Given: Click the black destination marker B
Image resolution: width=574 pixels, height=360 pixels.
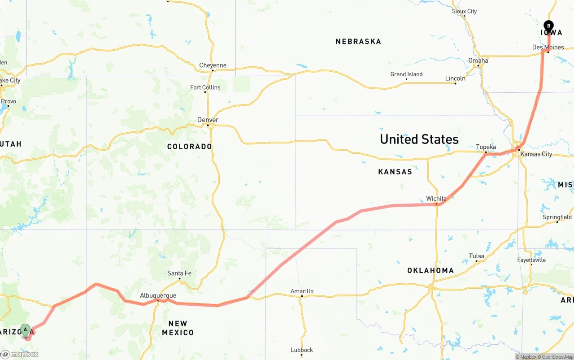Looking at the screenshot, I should click(548, 26).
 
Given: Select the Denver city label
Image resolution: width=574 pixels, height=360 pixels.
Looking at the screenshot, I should click(208, 120).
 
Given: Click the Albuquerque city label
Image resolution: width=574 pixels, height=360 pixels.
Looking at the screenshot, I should click(158, 295).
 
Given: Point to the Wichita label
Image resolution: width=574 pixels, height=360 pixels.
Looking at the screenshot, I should click(436, 199).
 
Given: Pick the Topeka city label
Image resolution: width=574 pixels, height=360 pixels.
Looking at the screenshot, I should click(486, 147).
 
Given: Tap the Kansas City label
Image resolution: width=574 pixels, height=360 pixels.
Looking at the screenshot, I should click(536, 154).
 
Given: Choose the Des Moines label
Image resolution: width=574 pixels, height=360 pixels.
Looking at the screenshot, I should click(548, 47).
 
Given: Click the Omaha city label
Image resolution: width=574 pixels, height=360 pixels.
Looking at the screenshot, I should click(478, 61).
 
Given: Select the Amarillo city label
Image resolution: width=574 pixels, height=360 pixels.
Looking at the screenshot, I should click(302, 291).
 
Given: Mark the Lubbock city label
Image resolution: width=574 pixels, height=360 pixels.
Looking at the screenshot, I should click(301, 350).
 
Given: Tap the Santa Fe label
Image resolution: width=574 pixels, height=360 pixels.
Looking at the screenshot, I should click(179, 273).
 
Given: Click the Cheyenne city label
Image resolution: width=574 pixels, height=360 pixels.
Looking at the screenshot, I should click(213, 65).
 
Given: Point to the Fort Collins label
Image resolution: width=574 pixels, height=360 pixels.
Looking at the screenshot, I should click(205, 87).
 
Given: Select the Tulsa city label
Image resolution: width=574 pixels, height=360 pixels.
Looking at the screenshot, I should click(476, 256).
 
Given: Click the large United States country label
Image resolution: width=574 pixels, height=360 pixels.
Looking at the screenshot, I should click(419, 139).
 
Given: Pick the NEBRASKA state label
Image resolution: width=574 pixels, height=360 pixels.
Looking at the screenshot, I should click(358, 42).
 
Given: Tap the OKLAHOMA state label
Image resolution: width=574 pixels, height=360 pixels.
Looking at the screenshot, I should click(430, 270).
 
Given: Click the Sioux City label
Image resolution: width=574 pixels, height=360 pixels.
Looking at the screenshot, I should click(464, 11).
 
